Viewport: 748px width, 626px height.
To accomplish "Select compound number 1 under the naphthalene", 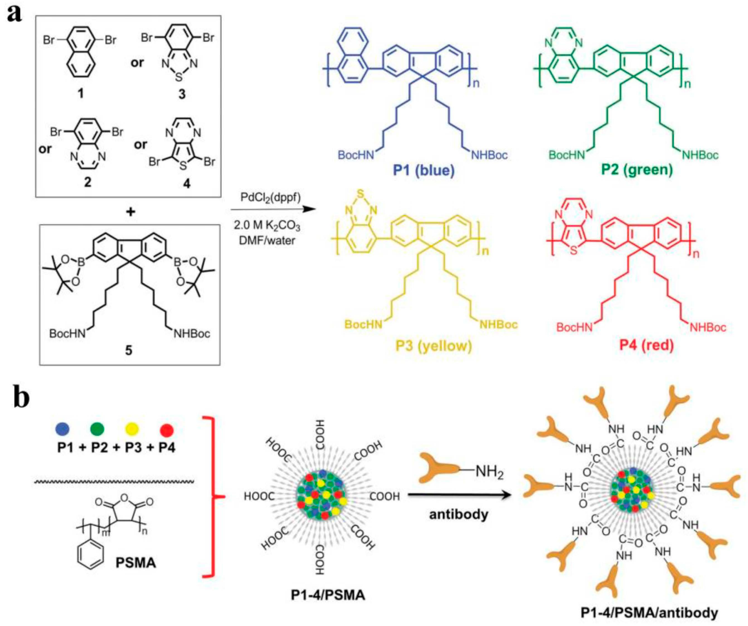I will point(81,94).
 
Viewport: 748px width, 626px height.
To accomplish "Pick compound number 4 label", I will point(186,183).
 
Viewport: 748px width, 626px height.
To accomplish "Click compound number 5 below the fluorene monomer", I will point(128,350).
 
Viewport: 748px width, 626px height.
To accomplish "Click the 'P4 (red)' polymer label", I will point(646,345).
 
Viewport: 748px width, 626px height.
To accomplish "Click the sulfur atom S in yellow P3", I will point(361,194).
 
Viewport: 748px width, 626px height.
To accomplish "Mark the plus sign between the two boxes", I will point(131,212).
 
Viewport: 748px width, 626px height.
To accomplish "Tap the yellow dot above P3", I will point(132,429).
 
